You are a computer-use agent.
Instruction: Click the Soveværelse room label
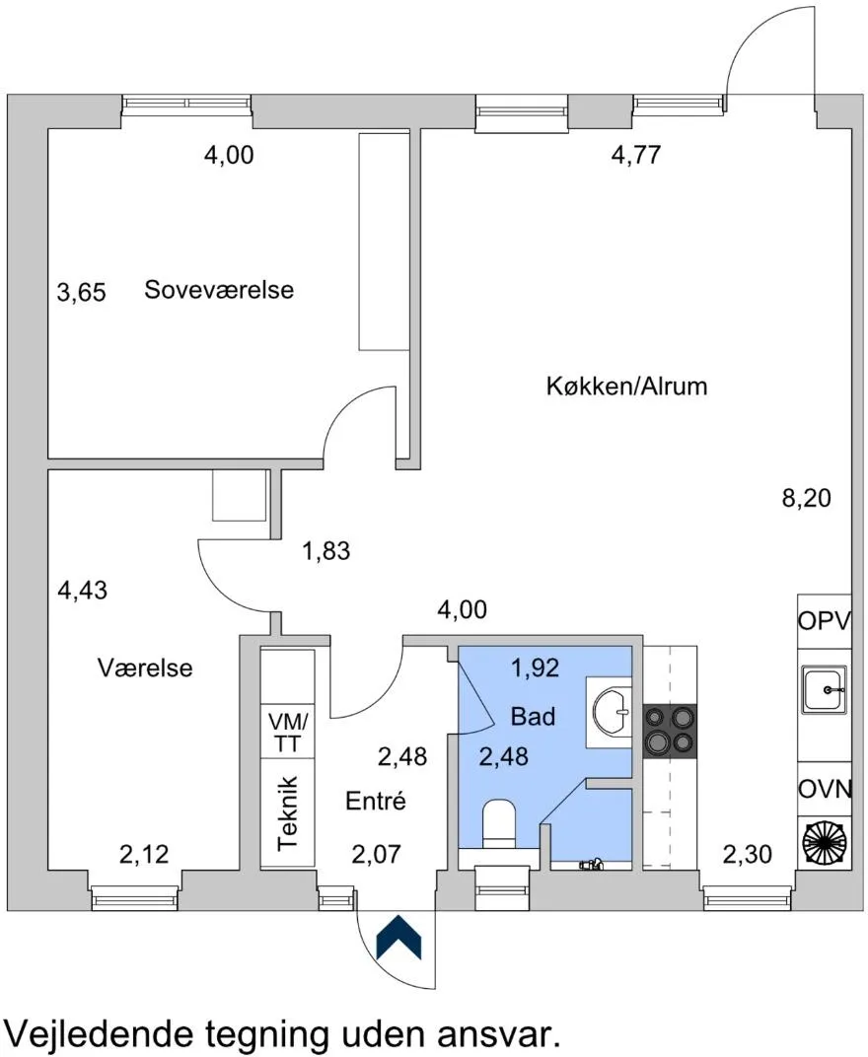coord(219,290)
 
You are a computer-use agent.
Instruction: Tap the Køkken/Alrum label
coord(626,387)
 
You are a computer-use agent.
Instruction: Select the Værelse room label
coord(145,668)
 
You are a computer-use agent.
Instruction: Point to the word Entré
coord(376,801)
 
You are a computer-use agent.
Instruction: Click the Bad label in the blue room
coord(533,716)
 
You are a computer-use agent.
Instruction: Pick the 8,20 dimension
coord(807,498)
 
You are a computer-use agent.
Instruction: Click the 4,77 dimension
coord(636,155)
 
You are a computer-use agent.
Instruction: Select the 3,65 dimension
coord(82,293)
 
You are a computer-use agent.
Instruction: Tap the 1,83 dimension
coord(326,551)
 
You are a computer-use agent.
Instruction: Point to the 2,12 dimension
coord(144,854)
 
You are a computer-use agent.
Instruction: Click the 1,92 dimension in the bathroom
coord(536,668)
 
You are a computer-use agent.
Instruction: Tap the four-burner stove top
coord(670,732)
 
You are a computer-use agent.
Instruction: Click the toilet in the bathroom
coord(500,823)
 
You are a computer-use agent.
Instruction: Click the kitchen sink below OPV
coord(823,689)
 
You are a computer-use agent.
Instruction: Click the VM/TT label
coord(287,732)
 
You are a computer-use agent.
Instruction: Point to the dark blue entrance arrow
coord(398,937)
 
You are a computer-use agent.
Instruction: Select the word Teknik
coord(288,812)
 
